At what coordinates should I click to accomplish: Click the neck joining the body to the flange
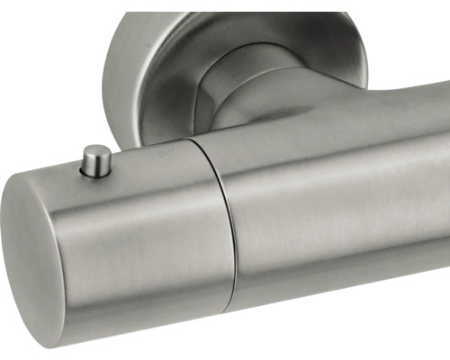coord(261,99)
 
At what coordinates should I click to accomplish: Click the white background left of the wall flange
coord(45,72)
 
